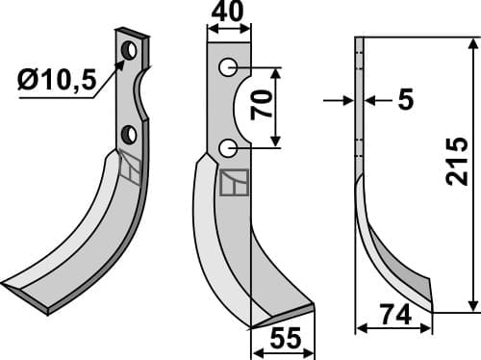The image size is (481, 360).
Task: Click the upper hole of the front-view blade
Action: (x=227, y=67)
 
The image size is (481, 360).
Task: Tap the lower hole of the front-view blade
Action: (x=227, y=147)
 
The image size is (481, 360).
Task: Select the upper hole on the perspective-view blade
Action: (x=128, y=48)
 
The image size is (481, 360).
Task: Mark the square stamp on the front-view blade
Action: (x=234, y=182)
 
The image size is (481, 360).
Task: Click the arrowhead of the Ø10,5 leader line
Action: (x=122, y=64)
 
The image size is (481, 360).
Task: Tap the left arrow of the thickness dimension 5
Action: (x=350, y=100)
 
